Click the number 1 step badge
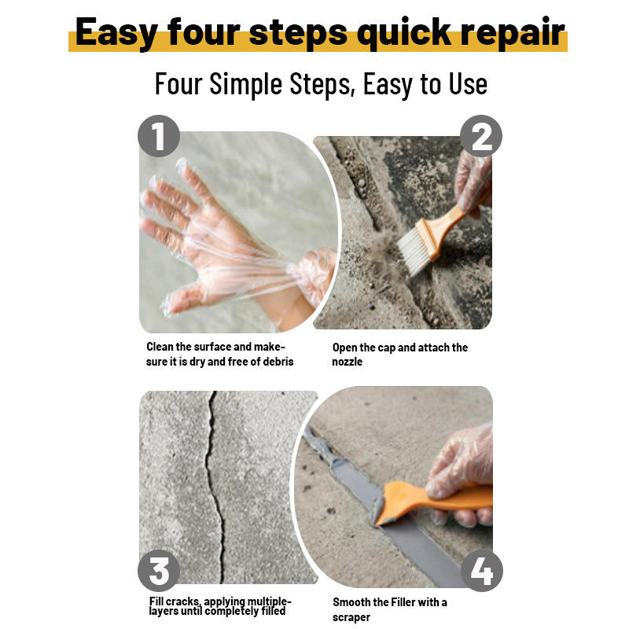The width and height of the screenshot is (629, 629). click(x=159, y=136)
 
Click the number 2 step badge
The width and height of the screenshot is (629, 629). click(x=481, y=136)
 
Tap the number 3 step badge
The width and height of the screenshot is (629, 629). click(x=159, y=571)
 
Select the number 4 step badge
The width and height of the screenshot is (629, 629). click(x=481, y=571)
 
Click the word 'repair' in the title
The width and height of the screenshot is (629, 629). click(x=513, y=33)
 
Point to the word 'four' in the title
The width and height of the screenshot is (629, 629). click(x=204, y=31)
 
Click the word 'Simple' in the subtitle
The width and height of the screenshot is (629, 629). click(x=246, y=84)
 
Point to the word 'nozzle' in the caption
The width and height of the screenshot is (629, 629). click(x=347, y=362)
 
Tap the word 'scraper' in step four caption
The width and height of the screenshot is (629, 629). click(x=351, y=617)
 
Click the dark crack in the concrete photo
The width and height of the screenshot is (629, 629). click(x=214, y=486)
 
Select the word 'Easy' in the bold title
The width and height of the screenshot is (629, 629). click(x=116, y=33)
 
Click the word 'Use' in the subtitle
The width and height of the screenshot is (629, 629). click(x=468, y=84)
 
